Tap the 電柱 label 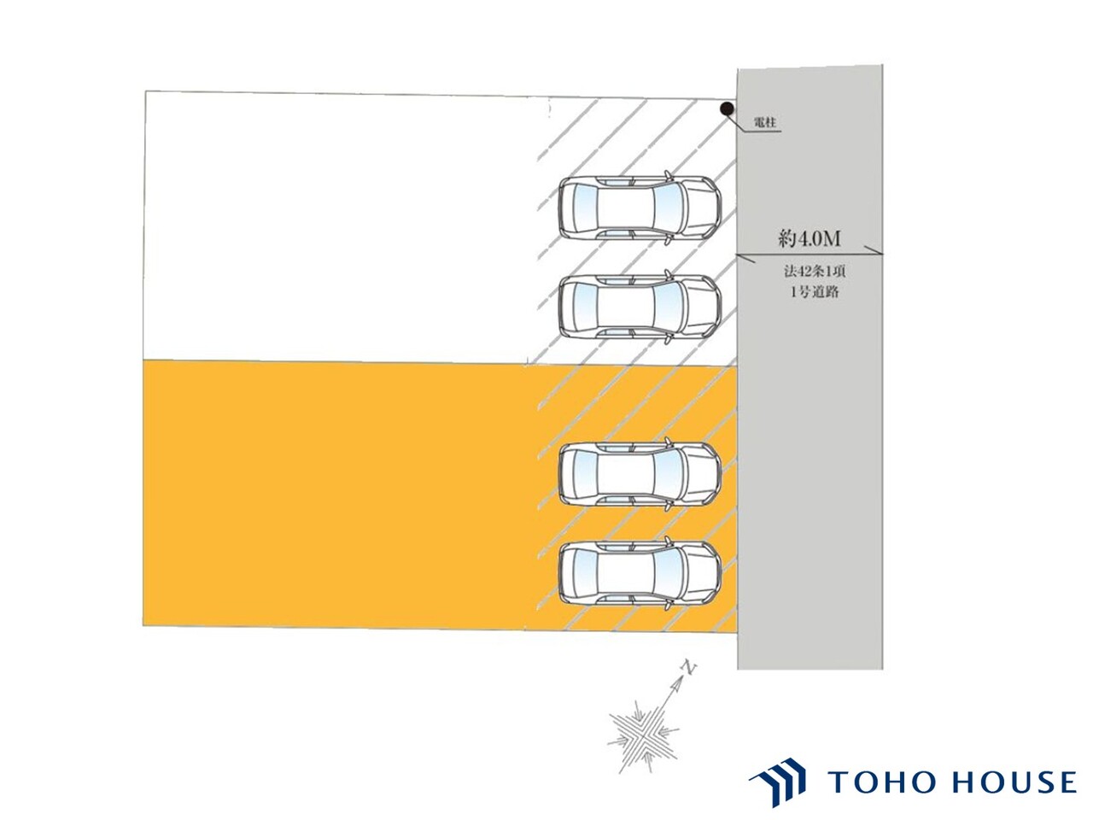[x=765, y=122]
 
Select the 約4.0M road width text [x=810, y=239]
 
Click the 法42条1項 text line [x=815, y=272]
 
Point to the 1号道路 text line [x=815, y=292]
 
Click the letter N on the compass [x=689, y=669]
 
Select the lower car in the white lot [x=640, y=307]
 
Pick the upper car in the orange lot [x=640, y=474]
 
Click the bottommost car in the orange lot [x=640, y=572]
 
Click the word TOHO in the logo [x=883, y=782]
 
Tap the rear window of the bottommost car [x=585, y=572]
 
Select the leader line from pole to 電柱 [x=752, y=125]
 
